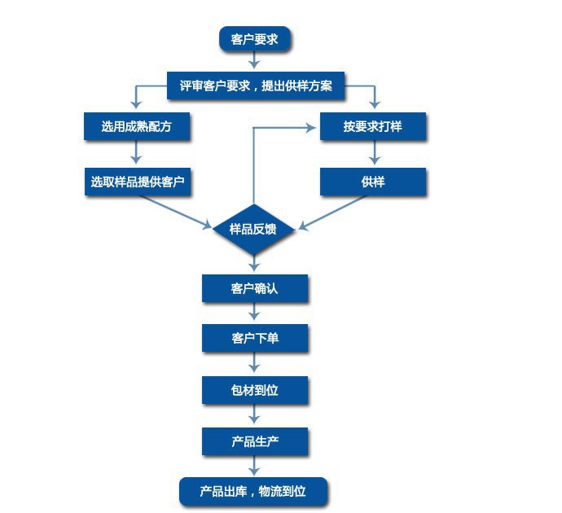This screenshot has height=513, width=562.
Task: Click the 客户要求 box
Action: (255, 39)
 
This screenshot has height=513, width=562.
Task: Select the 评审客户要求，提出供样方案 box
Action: (256, 85)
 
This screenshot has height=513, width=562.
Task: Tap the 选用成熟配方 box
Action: (136, 126)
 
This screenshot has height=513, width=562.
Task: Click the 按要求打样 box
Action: (373, 126)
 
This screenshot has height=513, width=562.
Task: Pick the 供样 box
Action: (373, 182)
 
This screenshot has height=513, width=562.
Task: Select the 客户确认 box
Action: (255, 288)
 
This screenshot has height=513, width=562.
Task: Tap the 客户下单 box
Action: (255, 338)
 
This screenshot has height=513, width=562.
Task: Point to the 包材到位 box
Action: (255, 390)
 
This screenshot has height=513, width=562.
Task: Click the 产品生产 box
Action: (255, 441)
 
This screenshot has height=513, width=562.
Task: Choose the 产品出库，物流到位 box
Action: (253, 491)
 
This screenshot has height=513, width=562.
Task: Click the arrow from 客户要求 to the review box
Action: (255, 61)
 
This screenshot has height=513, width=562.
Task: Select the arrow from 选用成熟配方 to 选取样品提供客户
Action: (136, 153)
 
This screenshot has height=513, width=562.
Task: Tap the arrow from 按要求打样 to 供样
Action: (374, 153)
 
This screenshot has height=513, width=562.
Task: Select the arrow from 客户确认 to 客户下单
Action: (255, 313)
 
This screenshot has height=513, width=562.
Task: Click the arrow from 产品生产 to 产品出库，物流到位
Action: (255, 466)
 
